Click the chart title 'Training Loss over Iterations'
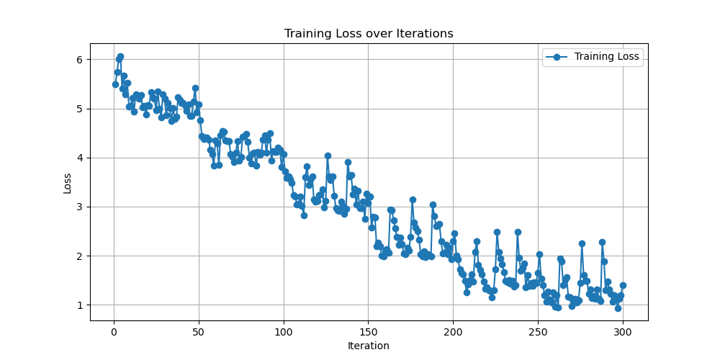pos(369,34)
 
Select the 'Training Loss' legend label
pos(606,58)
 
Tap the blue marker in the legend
pos(557,58)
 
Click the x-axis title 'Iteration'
pos(369,346)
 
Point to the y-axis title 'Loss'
pos(68,182)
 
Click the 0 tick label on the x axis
pos(114,332)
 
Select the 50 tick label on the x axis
pos(199,332)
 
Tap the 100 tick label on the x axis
pos(284,332)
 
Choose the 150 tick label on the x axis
pos(369,332)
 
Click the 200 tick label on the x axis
pos(454,332)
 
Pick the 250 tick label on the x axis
pos(539,332)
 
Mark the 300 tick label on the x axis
pos(624,332)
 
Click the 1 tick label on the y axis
pos(81,305)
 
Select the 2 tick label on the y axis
pos(81,256)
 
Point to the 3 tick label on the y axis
pos(81,207)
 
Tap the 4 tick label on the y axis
pos(81,158)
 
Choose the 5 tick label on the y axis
pos(81,109)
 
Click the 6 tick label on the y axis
pos(81,60)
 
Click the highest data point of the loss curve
pos(120,56)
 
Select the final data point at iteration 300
pos(623,285)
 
